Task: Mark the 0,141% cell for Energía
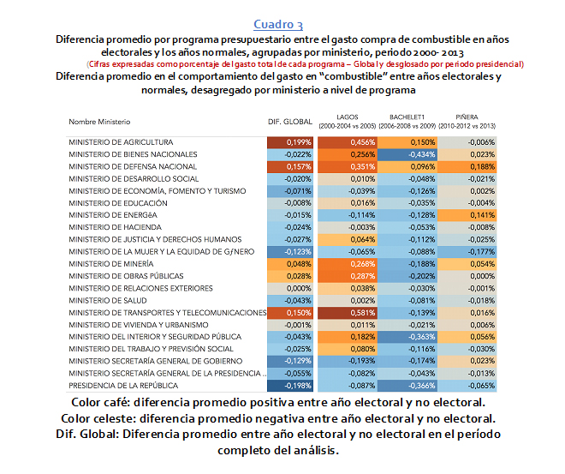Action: [x=467, y=215]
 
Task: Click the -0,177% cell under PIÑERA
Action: [x=467, y=252]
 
